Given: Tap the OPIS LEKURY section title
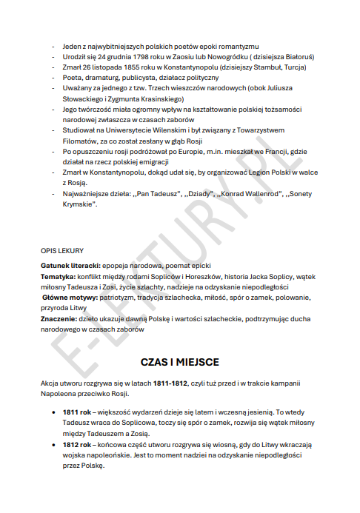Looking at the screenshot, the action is [x=62, y=250].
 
